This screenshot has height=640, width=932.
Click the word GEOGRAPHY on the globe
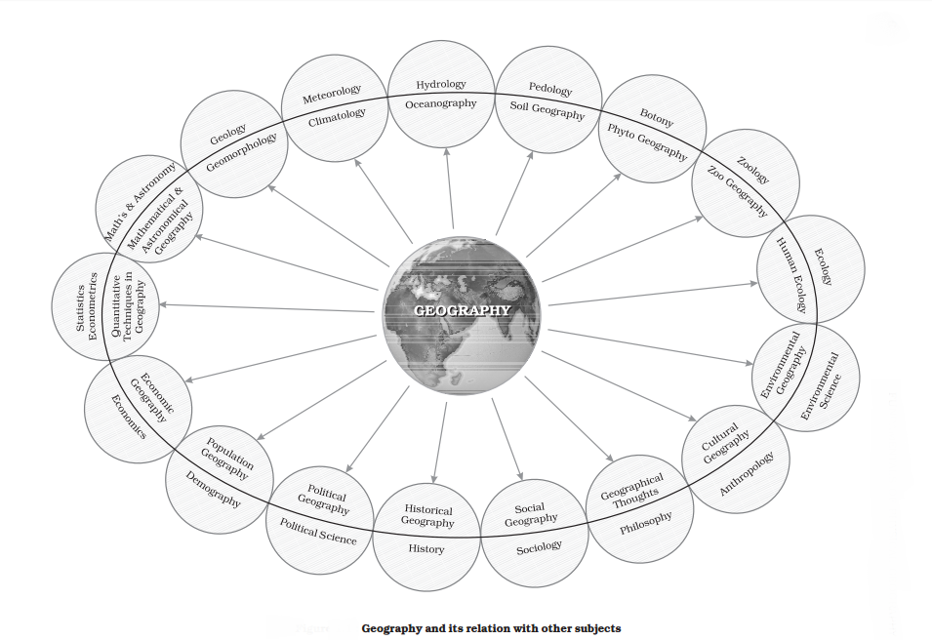point(462,311)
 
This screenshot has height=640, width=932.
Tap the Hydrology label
point(441,85)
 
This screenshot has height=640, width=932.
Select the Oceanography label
point(441,103)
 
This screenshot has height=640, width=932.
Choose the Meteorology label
point(332,95)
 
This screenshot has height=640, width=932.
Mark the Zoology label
point(754,170)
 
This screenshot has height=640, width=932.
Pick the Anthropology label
point(748,473)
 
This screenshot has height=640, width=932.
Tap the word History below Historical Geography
point(426,549)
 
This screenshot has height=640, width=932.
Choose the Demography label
point(214,491)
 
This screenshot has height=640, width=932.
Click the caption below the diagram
point(491,628)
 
